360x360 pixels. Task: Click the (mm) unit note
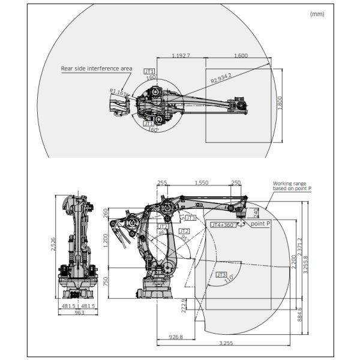pyautogui.click(x=317, y=13)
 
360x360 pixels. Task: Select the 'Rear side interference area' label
pyautogui.click(x=97, y=68)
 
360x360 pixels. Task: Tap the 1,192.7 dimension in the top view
pyautogui.click(x=181, y=55)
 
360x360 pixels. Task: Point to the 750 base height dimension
pyautogui.click(x=106, y=281)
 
